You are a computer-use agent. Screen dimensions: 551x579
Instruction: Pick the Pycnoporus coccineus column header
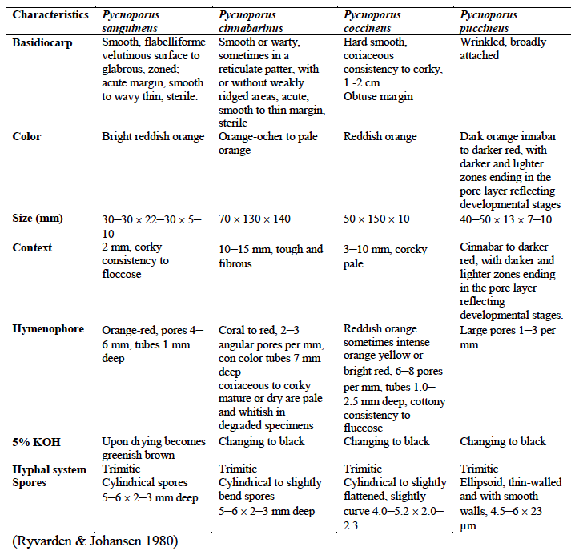tap(373, 22)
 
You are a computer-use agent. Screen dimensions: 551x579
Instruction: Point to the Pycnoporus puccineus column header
tap(490, 22)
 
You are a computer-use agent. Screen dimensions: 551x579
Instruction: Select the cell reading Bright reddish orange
tap(153, 137)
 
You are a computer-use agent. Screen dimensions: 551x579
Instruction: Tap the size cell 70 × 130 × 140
tap(255, 219)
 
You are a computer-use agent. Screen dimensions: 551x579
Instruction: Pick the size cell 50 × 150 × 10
tap(376, 219)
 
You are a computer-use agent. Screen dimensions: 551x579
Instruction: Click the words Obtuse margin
tap(378, 96)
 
